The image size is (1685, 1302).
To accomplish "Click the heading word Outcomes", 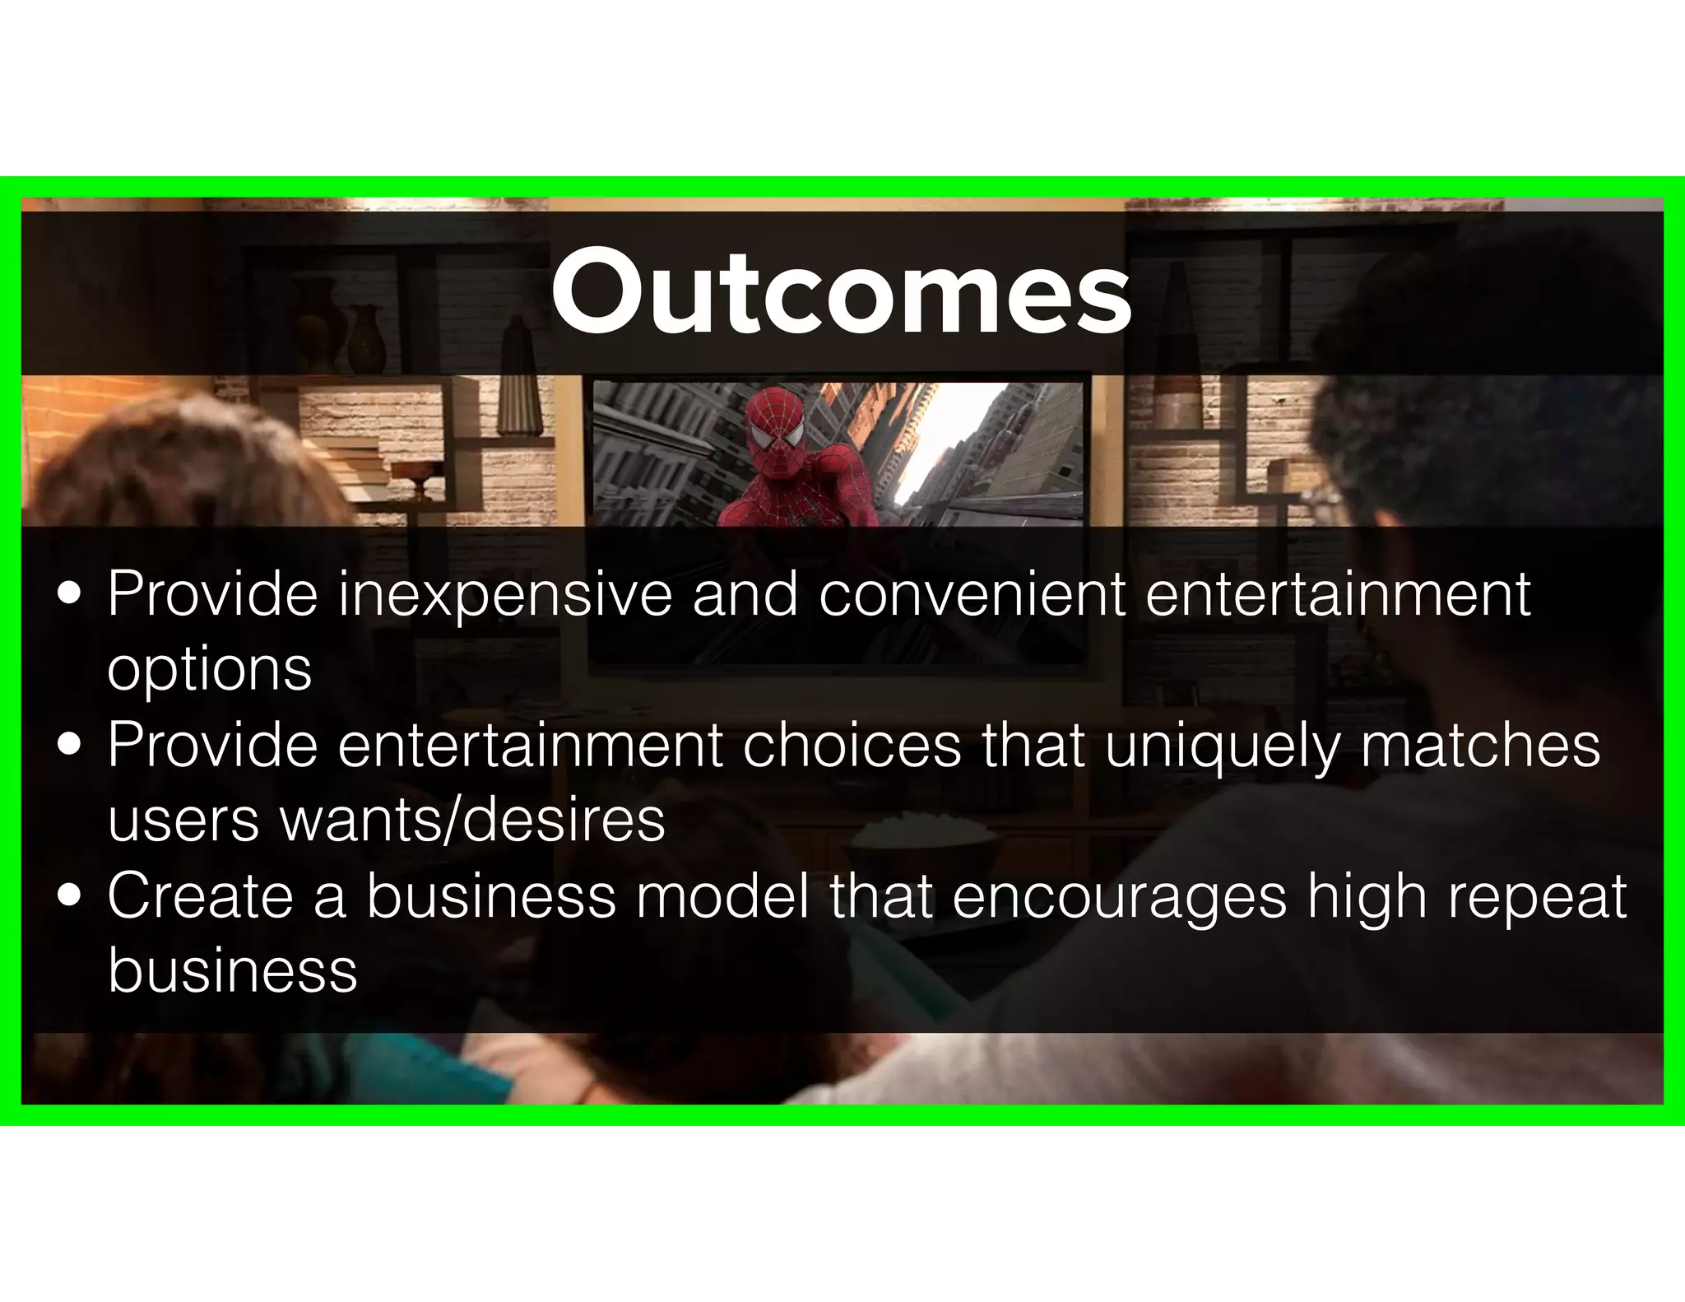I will tap(841, 294).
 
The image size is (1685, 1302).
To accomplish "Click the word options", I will tap(209, 670).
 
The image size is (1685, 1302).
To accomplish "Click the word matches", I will tap(1480, 745).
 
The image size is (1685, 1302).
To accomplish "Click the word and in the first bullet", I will tap(744, 594).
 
